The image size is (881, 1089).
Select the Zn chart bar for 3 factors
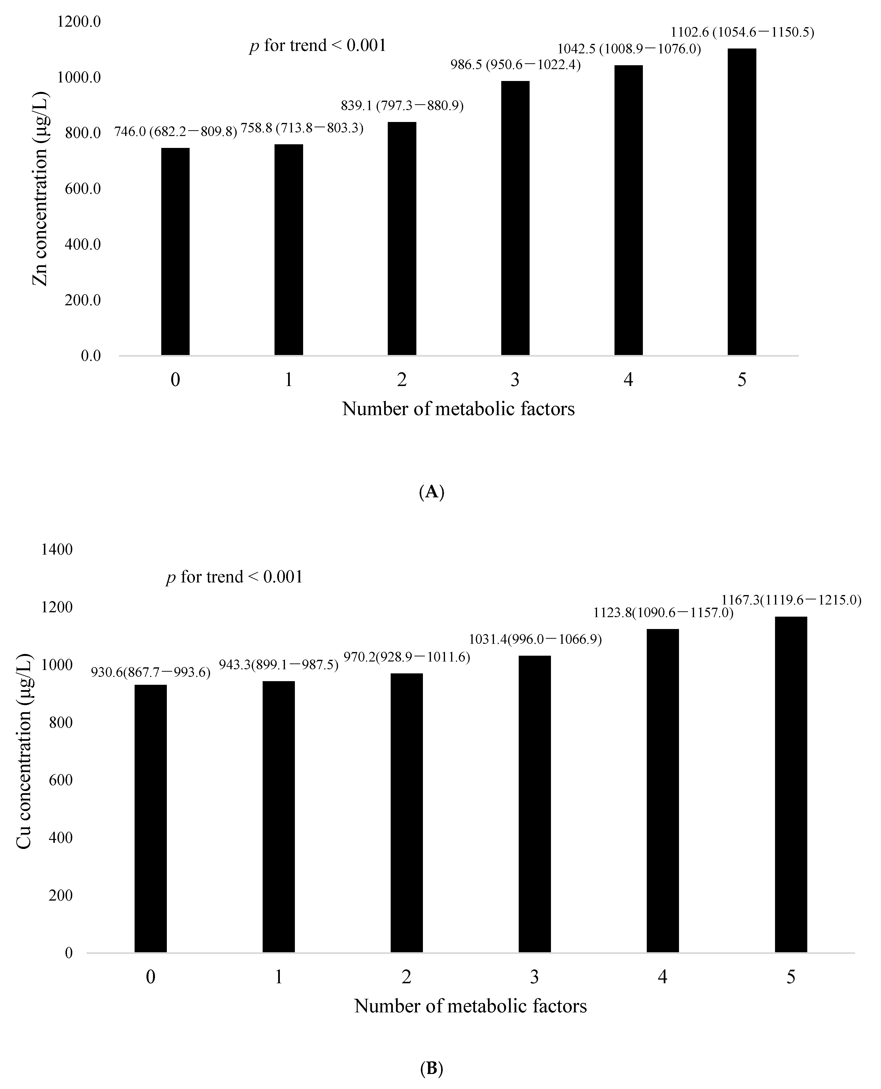(515, 218)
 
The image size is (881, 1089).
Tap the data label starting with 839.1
(402, 105)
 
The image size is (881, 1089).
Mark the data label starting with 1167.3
(791, 600)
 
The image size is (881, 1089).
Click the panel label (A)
(432, 492)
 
